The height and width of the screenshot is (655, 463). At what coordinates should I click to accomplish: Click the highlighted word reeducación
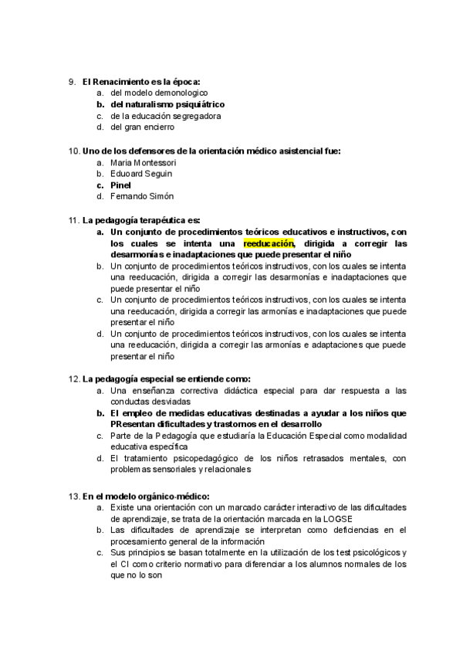click(x=269, y=243)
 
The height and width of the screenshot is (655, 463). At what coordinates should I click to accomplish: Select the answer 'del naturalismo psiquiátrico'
click(x=167, y=104)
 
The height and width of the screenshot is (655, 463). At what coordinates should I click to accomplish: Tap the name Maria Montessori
click(x=144, y=163)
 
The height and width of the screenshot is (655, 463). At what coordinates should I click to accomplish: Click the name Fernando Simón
click(x=142, y=197)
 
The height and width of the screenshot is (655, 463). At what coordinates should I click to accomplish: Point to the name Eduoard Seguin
click(x=141, y=175)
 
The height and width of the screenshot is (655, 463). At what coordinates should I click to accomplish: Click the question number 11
click(x=74, y=220)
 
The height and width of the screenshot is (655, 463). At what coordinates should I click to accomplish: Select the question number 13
click(x=74, y=495)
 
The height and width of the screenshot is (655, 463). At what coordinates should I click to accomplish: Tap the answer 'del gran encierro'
click(x=142, y=127)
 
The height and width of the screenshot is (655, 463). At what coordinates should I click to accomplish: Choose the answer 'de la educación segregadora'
click(x=166, y=116)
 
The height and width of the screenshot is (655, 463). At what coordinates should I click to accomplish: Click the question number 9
click(x=72, y=81)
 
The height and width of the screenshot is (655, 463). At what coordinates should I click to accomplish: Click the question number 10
click(x=74, y=151)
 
